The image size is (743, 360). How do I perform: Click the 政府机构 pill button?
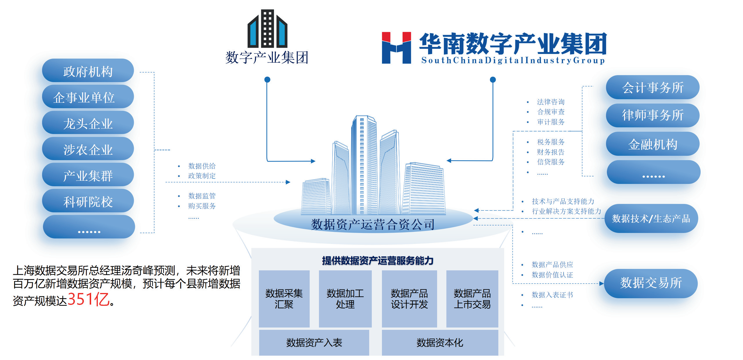pos(88,71)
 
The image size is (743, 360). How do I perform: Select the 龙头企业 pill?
pos(88,123)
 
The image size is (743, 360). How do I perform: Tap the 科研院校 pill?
pos(88,201)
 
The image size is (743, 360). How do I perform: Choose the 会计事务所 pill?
pos(652,87)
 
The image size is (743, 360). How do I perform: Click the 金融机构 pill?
pos(652,144)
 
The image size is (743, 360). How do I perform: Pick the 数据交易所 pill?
pos(651,283)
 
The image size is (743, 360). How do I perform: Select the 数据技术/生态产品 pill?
pos(651,218)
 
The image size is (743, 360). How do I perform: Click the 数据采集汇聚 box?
pos(284,299)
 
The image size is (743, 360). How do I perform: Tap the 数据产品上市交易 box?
pos(472,299)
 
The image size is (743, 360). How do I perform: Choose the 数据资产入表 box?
pos(314,343)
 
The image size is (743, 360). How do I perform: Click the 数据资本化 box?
pos(440,343)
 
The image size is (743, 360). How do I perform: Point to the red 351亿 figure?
pos(89,299)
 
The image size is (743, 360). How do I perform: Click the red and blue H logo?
pos(396,48)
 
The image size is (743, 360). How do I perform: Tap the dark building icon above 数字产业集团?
pos(267,29)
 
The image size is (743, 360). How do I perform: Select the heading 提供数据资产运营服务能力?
pos(378,260)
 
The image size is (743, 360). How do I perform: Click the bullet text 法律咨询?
pos(551,102)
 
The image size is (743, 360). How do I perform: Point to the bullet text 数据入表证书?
pos(552,295)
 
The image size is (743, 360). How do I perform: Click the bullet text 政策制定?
pos(202,176)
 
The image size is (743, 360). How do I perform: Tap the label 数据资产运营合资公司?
pos(373,224)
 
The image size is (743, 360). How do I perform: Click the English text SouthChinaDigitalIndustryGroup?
pos(513,60)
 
